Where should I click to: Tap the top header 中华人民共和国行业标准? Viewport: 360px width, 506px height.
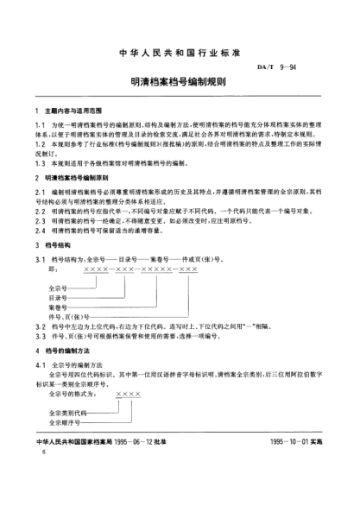tap(180, 41)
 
